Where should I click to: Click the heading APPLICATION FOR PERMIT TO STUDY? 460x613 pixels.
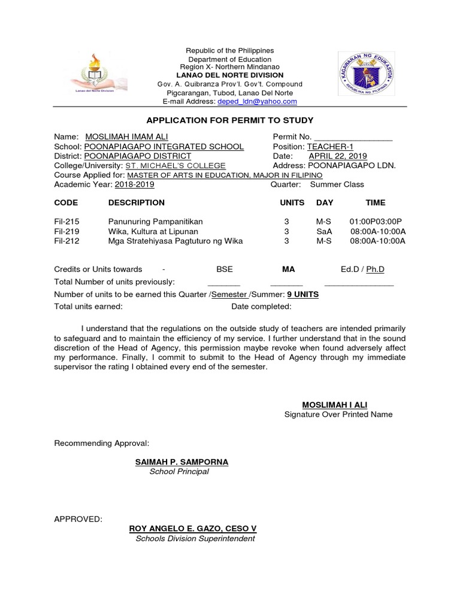click(230, 120)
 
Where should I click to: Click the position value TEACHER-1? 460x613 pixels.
click(330, 147)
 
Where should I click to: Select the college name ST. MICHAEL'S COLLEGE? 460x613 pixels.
click(175, 166)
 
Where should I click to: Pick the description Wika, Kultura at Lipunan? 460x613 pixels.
click(153, 232)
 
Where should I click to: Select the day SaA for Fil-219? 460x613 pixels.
click(324, 232)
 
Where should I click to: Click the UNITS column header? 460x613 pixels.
click(292, 203)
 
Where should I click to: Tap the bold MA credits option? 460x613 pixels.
click(289, 269)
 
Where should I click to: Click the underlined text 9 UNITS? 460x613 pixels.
click(303, 295)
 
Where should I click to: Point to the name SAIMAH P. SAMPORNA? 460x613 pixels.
click(182, 462)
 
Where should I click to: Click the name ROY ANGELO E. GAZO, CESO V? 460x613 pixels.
click(193, 529)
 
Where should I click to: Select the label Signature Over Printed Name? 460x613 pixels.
click(338, 414)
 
